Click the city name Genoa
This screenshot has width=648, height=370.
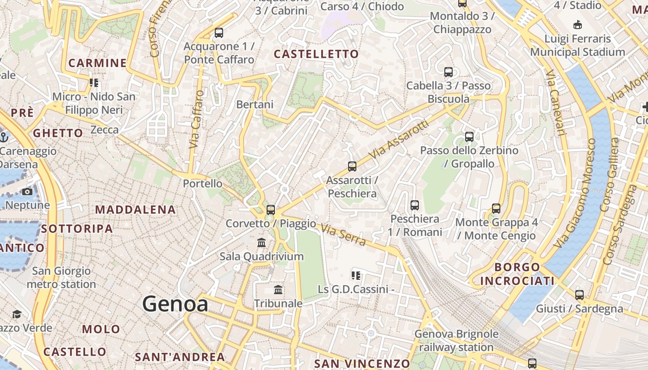(x=175, y=304)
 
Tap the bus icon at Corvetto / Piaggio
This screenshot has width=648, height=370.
(x=271, y=210)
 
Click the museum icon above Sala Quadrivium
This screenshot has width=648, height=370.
(x=262, y=242)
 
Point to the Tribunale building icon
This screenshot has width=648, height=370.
(x=278, y=290)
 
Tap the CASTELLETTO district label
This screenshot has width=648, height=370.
(x=316, y=54)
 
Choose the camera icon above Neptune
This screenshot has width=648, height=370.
(x=27, y=191)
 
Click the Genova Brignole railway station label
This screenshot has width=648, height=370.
(x=456, y=340)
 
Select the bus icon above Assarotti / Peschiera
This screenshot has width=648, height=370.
(x=352, y=166)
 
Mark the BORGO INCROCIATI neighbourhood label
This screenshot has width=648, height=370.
(x=517, y=274)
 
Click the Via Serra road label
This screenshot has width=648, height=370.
(x=343, y=234)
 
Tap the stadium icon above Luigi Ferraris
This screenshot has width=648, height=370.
(x=577, y=25)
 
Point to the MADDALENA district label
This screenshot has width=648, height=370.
(x=136, y=210)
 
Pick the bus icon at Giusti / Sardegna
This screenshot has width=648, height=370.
(x=579, y=295)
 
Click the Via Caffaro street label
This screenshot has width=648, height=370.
(x=197, y=119)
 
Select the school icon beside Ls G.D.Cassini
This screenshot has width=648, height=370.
(x=355, y=276)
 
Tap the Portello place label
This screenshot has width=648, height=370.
(x=203, y=183)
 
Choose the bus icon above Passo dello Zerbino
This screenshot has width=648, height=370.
(x=469, y=136)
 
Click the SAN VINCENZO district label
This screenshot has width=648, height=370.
(x=362, y=364)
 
